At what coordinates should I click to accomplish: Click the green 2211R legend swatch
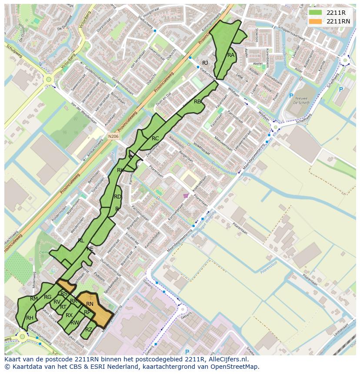click(x=316, y=13)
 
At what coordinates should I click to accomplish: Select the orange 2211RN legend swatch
click(x=316, y=21)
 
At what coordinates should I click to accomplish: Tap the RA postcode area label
click(x=231, y=55)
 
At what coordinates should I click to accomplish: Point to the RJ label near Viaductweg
click(x=205, y=63)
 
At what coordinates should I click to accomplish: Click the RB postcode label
click(x=197, y=102)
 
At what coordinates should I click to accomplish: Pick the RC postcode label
click(x=155, y=139)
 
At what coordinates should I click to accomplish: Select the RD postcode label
click(x=117, y=197)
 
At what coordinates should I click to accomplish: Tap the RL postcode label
click(x=81, y=240)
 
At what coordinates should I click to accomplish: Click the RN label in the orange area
click(x=90, y=304)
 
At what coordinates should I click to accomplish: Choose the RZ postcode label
click(x=89, y=329)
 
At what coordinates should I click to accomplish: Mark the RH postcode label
click(x=30, y=318)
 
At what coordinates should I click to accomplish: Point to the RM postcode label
click(x=34, y=299)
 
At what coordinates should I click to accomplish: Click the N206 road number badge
click(x=113, y=136)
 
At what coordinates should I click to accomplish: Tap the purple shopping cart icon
click(x=186, y=196)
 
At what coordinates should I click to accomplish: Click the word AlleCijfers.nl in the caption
click(x=227, y=360)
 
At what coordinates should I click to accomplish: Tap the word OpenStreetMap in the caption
click(x=235, y=367)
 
